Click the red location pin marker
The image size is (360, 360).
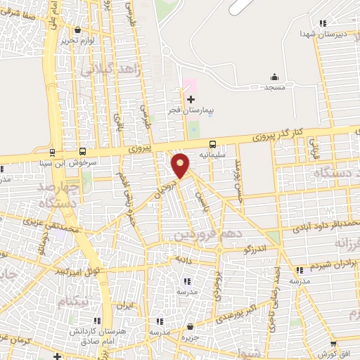pyautogui.click(x=181, y=165)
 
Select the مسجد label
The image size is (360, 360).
pyautogui.click(x=274, y=89)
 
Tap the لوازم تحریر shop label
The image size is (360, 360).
pyautogui.click(x=77, y=41)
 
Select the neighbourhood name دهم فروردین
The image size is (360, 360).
pyautogui.click(x=225, y=232)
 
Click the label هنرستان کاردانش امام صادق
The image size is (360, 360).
pyautogui.click(x=88, y=335)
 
